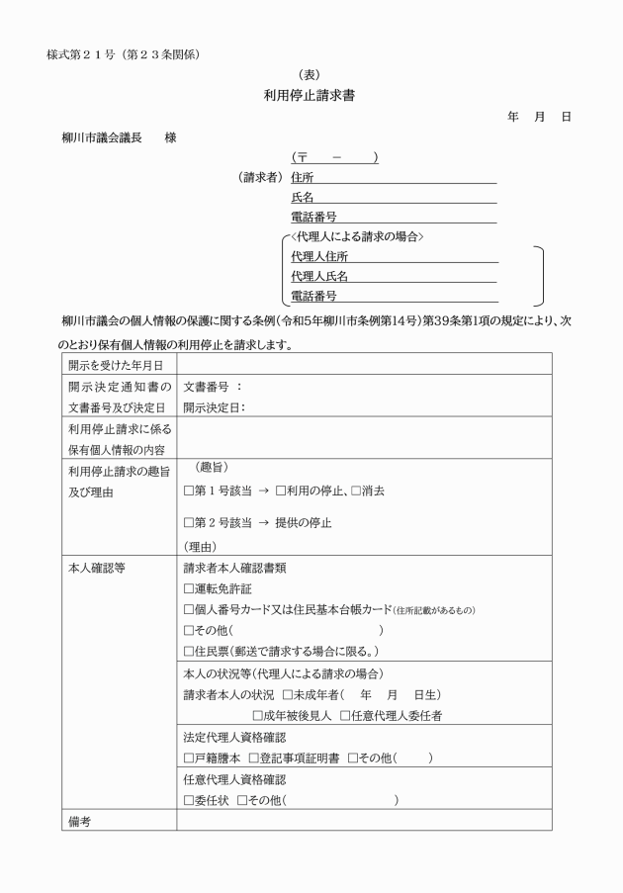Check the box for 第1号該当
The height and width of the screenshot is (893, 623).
[x=189, y=491]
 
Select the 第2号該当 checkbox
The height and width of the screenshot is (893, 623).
[x=189, y=522]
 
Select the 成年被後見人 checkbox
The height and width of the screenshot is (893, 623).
[x=259, y=714]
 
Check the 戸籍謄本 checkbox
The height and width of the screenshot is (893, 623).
[x=189, y=758]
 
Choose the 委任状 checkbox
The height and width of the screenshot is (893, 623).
[x=189, y=800]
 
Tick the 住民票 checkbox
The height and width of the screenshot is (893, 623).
[x=189, y=650]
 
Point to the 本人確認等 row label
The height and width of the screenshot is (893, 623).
[x=96, y=569]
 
